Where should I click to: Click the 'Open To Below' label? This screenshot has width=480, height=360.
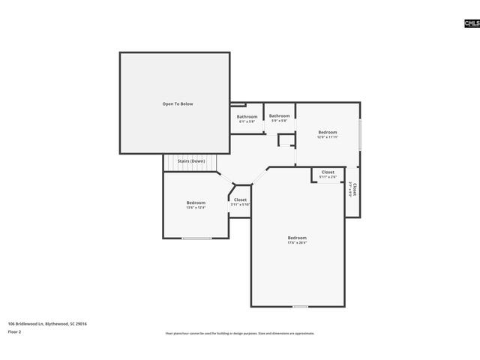[178, 103]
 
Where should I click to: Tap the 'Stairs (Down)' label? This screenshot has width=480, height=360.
[190, 161]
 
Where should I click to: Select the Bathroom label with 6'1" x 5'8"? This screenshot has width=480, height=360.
[247, 117]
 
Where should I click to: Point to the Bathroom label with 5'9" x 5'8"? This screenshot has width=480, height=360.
[280, 116]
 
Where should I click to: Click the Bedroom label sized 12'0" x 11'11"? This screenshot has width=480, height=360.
[328, 133]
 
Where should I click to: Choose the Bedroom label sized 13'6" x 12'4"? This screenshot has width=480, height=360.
[196, 202]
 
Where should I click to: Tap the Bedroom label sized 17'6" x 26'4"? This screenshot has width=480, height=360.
[297, 238]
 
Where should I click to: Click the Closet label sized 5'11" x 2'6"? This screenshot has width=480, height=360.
[328, 172]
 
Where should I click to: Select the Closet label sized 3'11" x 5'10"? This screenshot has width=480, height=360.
[240, 200]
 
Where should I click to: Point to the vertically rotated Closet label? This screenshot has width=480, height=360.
[352, 188]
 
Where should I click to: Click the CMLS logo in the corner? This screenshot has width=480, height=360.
[471, 24]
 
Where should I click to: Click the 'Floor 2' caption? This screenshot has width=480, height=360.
[15, 331]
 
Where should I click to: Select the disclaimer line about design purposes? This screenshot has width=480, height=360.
[240, 333]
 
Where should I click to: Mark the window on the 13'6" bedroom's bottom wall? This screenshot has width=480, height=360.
[196, 238]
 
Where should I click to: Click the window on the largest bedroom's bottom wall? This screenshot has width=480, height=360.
[300, 307]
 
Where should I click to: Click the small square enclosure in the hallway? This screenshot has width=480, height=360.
[286, 140]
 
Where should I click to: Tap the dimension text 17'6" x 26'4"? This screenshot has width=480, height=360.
[297, 243]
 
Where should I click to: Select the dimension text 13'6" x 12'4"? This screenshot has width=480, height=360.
[196, 207]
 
